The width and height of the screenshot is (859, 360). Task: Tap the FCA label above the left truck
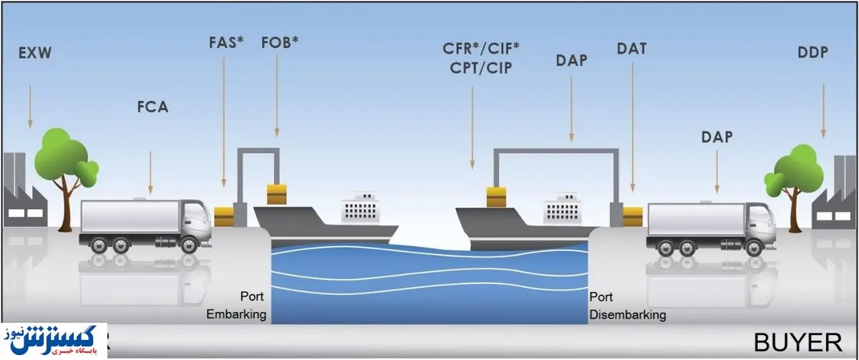[x=152, y=108]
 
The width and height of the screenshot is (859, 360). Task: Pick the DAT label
[x=631, y=49]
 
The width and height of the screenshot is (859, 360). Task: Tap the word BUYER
[x=801, y=341]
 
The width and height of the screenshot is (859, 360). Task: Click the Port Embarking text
[x=236, y=305]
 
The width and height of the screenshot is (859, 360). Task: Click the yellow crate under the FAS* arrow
[x=224, y=213]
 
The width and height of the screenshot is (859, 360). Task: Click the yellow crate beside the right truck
[x=634, y=213]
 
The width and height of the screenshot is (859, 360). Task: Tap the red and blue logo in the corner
[x=54, y=341]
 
